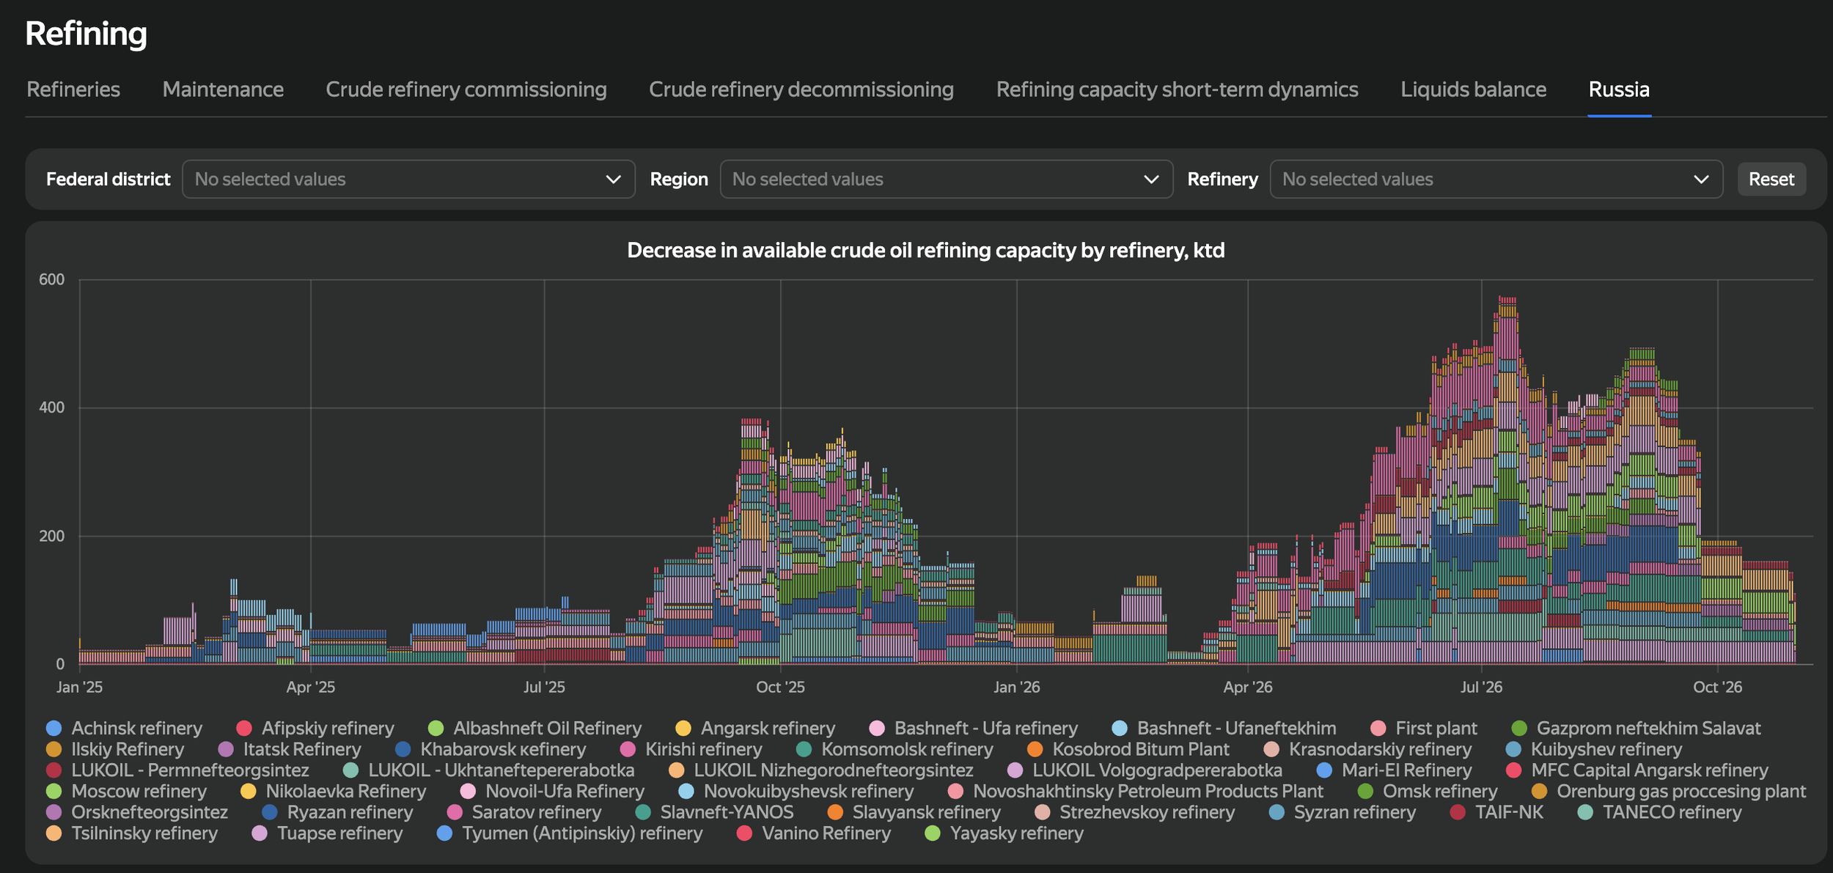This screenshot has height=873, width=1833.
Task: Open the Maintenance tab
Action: click(223, 89)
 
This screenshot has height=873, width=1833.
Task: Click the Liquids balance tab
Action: click(1473, 89)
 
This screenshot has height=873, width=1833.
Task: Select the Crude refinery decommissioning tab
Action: click(801, 89)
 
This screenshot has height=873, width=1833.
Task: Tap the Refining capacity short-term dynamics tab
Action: click(1177, 89)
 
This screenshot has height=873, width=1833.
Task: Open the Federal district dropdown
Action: click(408, 179)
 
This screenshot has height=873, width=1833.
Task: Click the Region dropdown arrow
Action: click(1151, 180)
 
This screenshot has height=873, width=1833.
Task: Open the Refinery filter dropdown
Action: click(1496, 179)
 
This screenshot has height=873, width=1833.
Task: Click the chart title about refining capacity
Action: click(925, 251)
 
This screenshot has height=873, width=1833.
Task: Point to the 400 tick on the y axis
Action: click(51, 408)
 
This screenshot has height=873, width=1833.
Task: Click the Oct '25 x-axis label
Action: click(780, 687)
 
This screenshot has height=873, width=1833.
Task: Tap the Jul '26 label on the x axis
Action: click(1481, 687)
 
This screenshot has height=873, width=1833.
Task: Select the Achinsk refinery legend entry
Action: click(124, 728)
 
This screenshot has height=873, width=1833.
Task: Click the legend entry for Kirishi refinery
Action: click(691, 749)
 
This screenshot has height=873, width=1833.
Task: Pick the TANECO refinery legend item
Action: click(1659, 812)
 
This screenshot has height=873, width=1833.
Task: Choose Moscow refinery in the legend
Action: click(126, 792)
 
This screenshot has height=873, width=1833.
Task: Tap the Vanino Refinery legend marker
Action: click(744, 833)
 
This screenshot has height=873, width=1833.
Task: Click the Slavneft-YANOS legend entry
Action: click(714, 812)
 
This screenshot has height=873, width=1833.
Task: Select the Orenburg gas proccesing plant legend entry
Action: click(1669, 792)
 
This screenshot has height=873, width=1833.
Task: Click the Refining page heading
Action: click(87, 34)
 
